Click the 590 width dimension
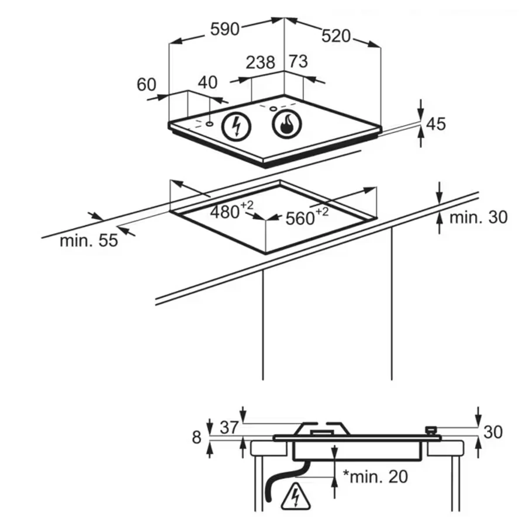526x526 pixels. tap(225, 29)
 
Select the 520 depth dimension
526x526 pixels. tap(336, 36)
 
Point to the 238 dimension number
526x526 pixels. tap(260, 63)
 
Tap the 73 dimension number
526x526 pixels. tap(298, 61)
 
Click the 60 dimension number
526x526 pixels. tap(147, 85)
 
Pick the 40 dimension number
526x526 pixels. tap(207, 82)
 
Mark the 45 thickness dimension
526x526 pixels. tap(436, 124)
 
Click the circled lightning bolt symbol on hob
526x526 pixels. tap(237, 126)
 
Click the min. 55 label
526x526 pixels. tap(89, 241)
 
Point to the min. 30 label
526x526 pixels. tap(478, 217)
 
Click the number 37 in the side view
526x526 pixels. tap(230, 428)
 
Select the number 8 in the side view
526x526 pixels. tap(196, 438)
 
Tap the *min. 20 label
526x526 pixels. tap(375, 476)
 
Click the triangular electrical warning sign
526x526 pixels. tap(296, 495)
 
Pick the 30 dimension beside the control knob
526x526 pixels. tap(493, 432)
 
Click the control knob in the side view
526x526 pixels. tap(431, 431)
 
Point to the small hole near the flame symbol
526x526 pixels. tap(274, 109)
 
